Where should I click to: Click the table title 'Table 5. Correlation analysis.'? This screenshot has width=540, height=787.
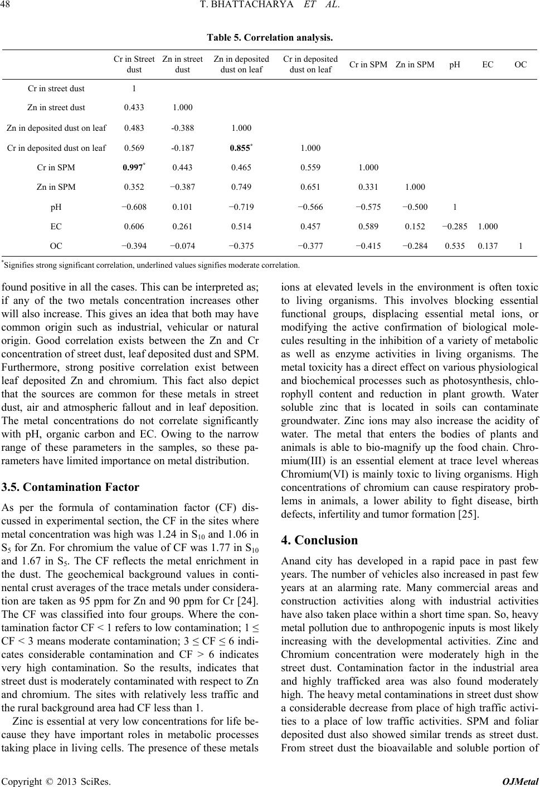point(270,38)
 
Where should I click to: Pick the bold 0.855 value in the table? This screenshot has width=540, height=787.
point(240,147)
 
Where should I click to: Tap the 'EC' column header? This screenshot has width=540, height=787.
point(488,65)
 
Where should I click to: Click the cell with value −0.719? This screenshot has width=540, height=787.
point(241,207)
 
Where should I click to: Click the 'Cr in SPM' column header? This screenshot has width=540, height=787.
point(368,65)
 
